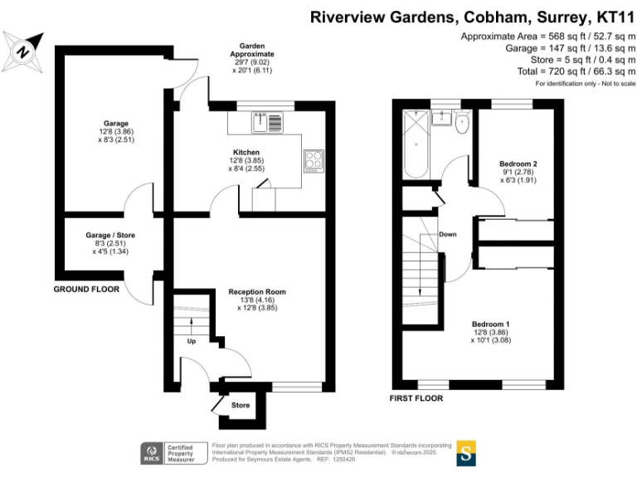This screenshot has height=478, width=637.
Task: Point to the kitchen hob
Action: (314, 159)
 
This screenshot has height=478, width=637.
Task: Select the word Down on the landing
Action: (448, 234)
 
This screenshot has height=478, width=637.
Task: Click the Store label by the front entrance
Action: (241, 405)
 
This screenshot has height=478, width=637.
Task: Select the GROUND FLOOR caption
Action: (86, 290)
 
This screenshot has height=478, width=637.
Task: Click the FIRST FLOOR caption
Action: (416, 398)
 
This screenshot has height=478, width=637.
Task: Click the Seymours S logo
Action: (467, 454)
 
